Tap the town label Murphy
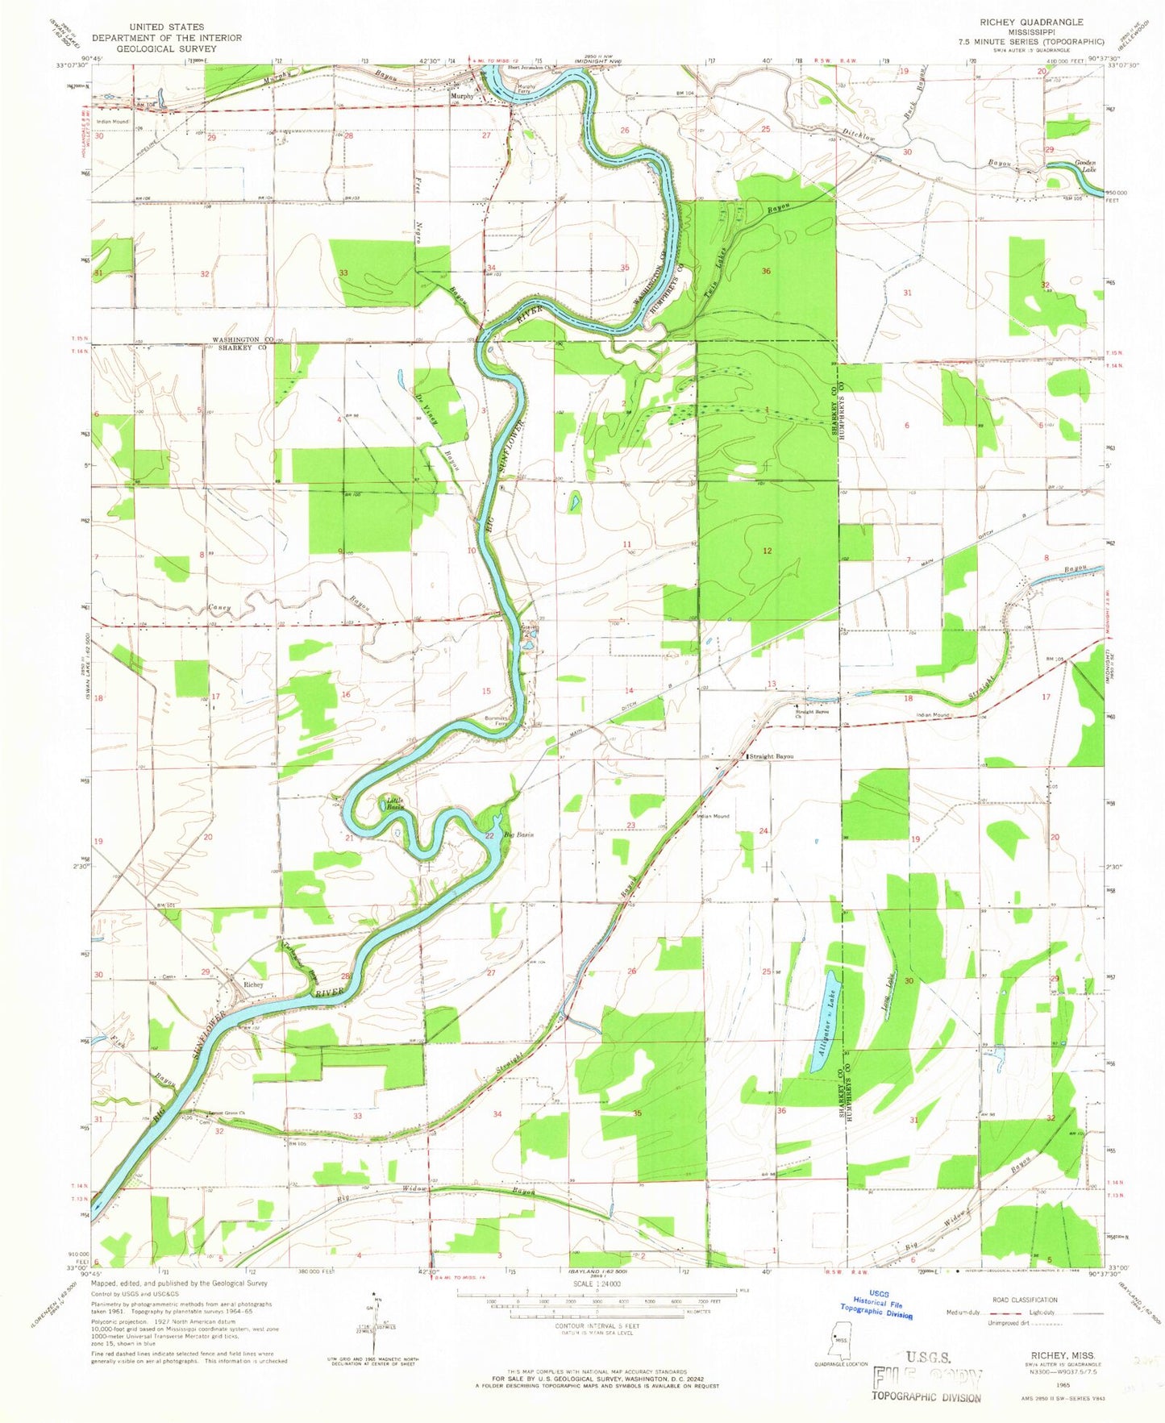(x=462, y=96)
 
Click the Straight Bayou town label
(x=772, y=756)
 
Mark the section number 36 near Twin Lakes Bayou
(x=766, y=272)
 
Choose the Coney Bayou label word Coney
(x=219, y=606)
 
